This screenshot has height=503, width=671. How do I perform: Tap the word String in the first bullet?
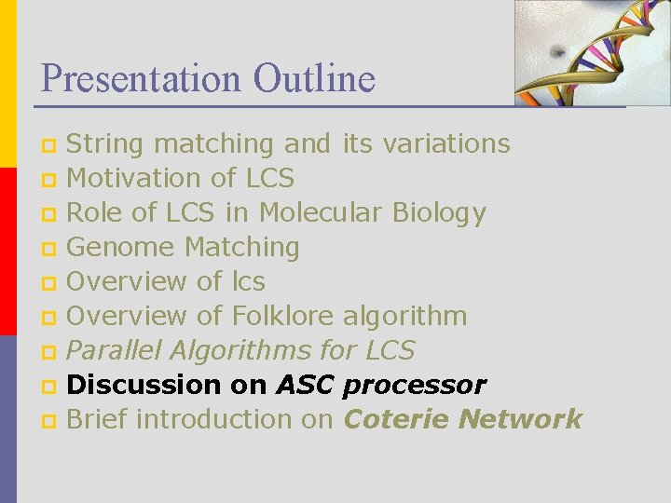105,144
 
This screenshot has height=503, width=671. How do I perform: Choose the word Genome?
121,247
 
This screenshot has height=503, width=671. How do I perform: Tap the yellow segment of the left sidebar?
7,84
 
